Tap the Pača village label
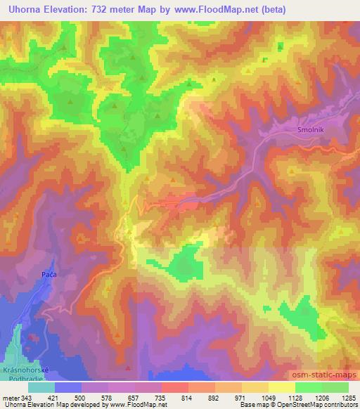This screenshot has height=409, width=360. [x=49, y=274]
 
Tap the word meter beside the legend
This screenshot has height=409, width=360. [x=9, y=398]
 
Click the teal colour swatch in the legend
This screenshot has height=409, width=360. [x=41, y=387]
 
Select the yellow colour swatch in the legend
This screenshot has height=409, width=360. [x=282, y=387]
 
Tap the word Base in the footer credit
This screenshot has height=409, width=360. [x=247, y=405]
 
